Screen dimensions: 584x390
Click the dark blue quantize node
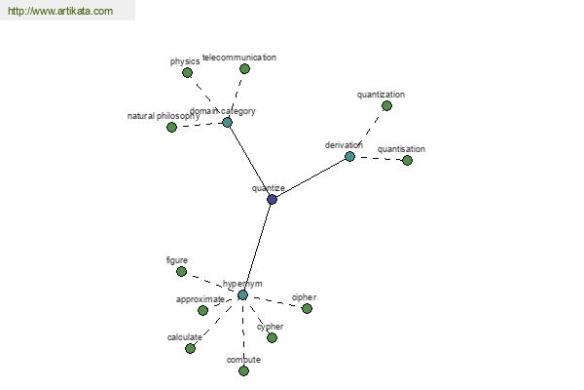click(272, 199)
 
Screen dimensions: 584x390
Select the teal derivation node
click(349, 156)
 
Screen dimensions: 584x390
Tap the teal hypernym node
click(242, 294)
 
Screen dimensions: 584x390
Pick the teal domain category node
click(227, 123)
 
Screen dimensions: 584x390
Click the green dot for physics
click(187, 72)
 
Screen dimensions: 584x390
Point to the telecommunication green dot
click(244, 68)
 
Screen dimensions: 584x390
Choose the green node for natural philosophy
click(171, 128)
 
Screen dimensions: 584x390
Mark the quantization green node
click(386, 106)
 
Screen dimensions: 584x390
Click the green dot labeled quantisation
click(407, 161)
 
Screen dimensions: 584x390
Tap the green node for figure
click(181, 271)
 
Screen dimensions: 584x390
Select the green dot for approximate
click(202, 310)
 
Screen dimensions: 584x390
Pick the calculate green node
click(190, 349)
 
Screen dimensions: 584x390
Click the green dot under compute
click(243, 370)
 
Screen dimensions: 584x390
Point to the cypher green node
click(272, 337)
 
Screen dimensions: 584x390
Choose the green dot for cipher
click(307, 309)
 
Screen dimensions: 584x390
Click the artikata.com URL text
click(60, 11)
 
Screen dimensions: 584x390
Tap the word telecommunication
click(239, 58)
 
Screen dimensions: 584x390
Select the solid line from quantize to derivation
click(311, 177)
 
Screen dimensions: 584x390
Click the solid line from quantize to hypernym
click(257, 247)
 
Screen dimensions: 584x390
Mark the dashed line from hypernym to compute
click(243, 332)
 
